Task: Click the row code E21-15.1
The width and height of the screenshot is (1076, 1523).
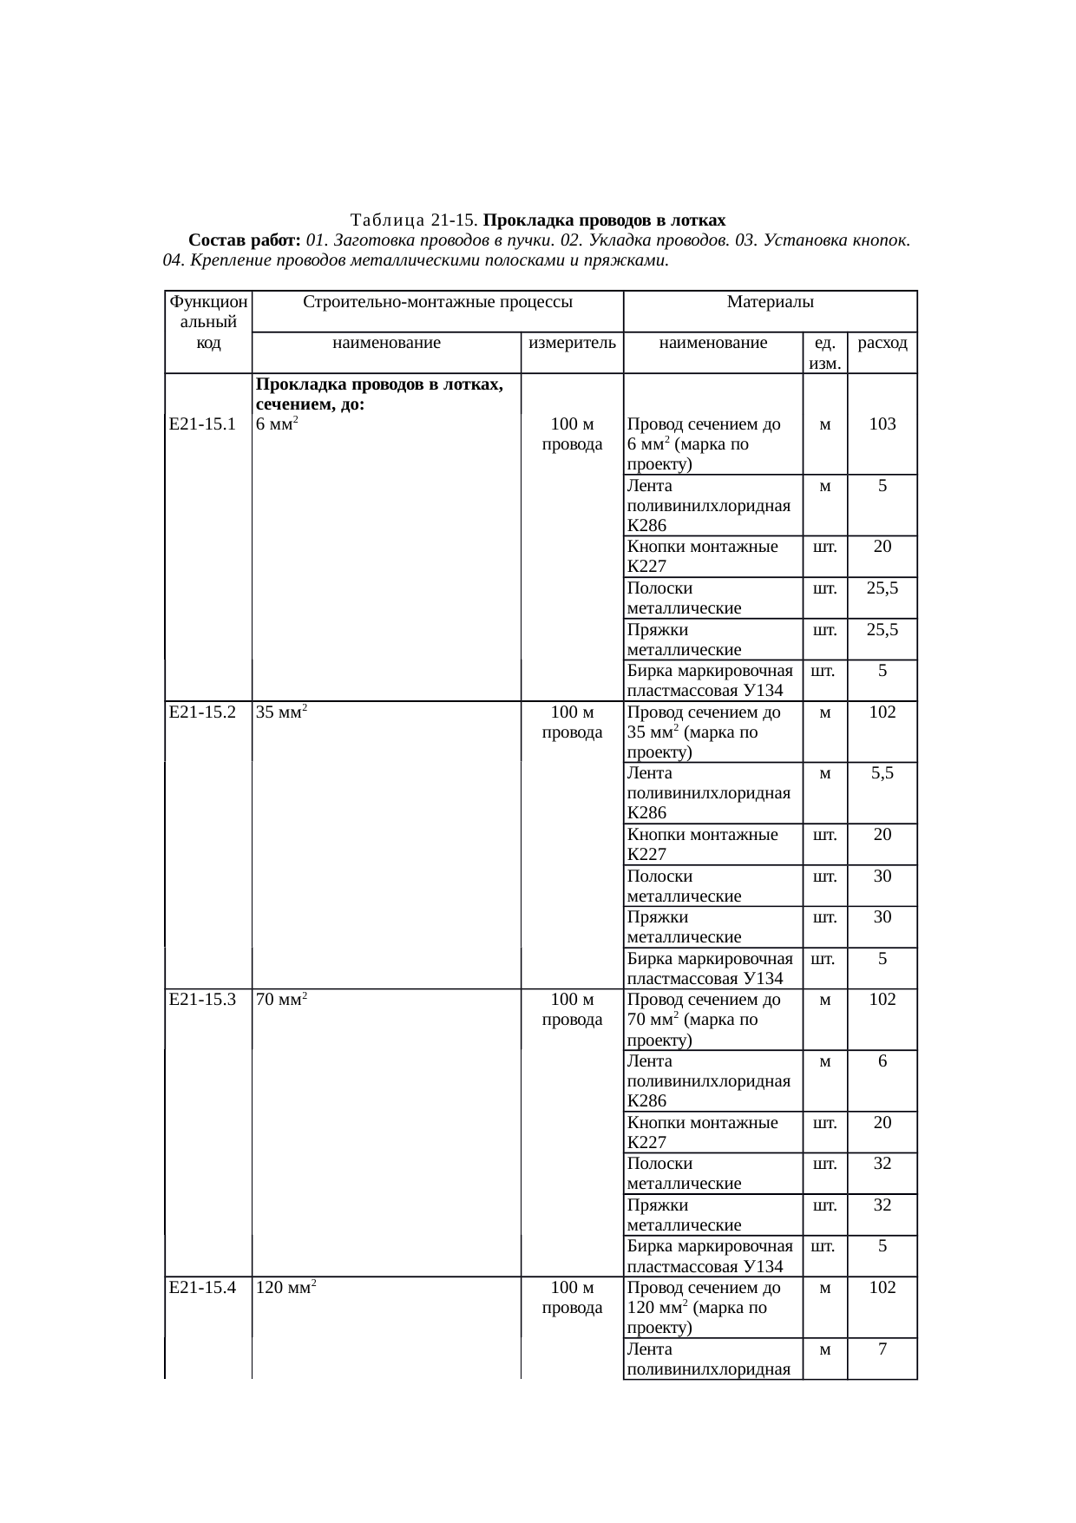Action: [203, 424]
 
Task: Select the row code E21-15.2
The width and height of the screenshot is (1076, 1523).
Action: [203, 712]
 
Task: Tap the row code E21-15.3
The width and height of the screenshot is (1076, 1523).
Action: [203, 1000]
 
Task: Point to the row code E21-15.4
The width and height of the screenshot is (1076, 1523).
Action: [203, 1287]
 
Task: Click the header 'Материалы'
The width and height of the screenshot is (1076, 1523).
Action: [770, 302]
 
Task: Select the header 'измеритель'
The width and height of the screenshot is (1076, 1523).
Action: [572, 343]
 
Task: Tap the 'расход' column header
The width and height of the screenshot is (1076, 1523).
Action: [882, 343]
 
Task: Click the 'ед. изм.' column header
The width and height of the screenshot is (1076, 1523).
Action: [824, 352]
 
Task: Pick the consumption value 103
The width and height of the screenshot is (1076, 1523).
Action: [882, 424]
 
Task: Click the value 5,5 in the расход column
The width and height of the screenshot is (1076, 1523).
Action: [882, 773]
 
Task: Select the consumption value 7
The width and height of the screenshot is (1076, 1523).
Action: [882, 1349]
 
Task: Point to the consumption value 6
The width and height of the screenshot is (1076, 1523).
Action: [882, 1060]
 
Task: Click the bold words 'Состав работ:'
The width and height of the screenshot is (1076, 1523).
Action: [245, 240]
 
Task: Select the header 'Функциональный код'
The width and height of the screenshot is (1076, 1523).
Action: [208, 322]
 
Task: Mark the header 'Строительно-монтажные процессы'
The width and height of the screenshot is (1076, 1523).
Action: [437, 302]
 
